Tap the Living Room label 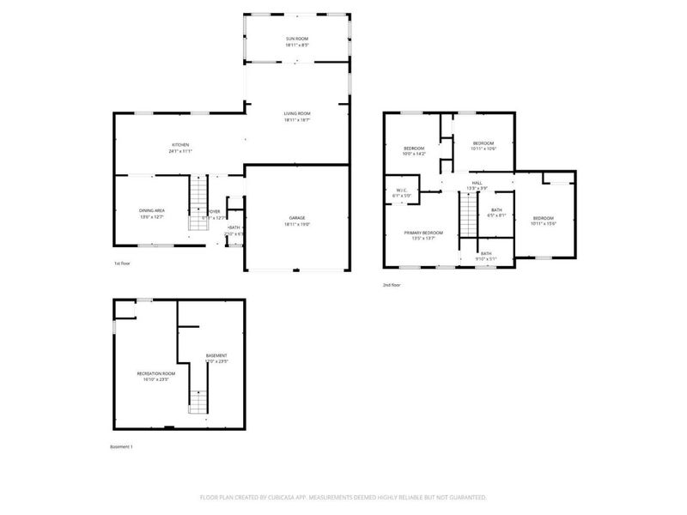click(297, 117)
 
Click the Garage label click(297, 221)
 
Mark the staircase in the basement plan click(198, 401)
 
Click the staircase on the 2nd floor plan click(466, 215)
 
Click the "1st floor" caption click(122, 264)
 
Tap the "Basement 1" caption click(122, 446)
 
